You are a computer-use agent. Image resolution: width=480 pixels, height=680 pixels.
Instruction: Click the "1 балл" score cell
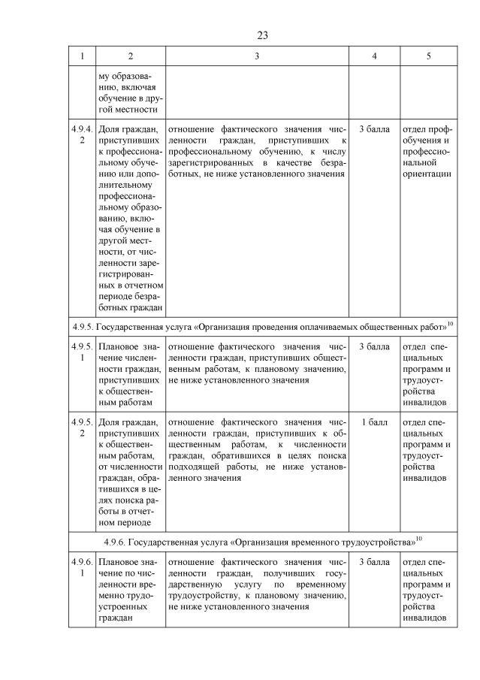(x=374, y=422)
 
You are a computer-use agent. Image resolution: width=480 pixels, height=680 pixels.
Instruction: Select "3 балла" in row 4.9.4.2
(x=374, y=129)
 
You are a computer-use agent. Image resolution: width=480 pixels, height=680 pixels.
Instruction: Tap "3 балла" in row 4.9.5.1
(x=374, y=346)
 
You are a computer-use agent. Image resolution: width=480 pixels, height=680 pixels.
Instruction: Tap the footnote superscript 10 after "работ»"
(x=450, y=322)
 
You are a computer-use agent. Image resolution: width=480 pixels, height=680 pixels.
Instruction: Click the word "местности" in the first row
(x=139, y=110)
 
